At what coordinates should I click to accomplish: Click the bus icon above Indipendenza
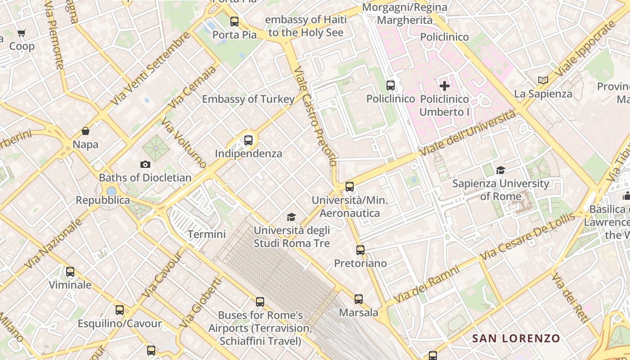tap(248, 140)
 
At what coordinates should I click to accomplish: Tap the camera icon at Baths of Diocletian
tap(145, 164)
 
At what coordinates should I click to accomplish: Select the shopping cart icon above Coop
tap(21, 33)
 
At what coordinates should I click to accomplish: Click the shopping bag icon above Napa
tap(85, 131)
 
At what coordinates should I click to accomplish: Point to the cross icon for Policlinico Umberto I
tap(445, 85)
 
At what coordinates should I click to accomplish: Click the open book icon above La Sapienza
tap(543, 80)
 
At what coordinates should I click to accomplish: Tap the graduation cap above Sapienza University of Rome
tap(500, 170)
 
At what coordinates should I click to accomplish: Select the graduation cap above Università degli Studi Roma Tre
tap(292, 217)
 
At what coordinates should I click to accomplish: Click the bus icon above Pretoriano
tap(360, 250)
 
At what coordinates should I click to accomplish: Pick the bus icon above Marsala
tap(358, 299)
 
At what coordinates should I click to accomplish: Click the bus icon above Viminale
tap(70, 271)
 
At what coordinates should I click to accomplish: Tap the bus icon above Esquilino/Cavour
tap(119, 310)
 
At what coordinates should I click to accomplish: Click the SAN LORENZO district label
tap(516, 338)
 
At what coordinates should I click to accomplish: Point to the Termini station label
tap(207, 234)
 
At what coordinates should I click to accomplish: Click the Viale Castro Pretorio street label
tap(314, 117)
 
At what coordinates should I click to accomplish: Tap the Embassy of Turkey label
tap(248, 99)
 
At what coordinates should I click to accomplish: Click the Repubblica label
tap(103, 200)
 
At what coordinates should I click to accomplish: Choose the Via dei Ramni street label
tap(426, 284)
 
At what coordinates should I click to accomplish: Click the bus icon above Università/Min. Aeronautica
tap(350, 186)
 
